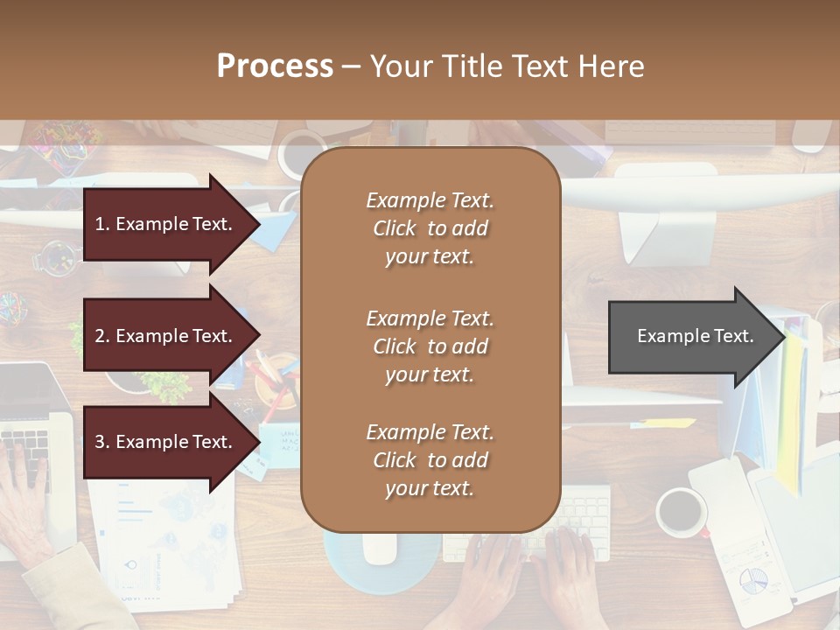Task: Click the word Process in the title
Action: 275,66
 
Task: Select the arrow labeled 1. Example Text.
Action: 166,224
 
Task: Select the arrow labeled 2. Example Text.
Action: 166,336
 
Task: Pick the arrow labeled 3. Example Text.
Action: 166,442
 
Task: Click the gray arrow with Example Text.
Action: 691,336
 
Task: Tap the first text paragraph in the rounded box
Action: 430,227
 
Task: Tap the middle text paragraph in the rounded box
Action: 430,346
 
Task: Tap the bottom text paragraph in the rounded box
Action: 430,459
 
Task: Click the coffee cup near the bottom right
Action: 682,512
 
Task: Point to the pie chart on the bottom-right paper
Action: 752,579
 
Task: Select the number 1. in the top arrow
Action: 101,224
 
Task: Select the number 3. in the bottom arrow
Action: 101,442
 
